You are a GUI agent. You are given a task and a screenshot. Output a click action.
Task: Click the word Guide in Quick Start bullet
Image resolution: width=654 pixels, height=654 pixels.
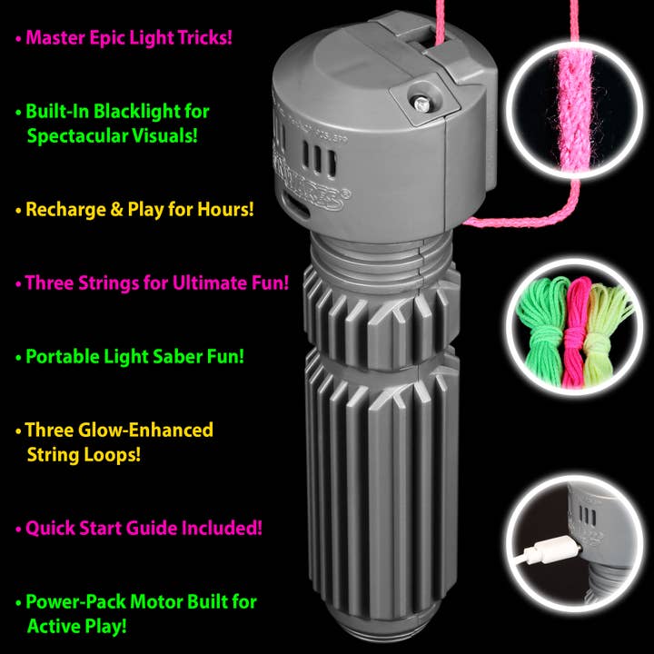pyautogui.click(x=156, y=528)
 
